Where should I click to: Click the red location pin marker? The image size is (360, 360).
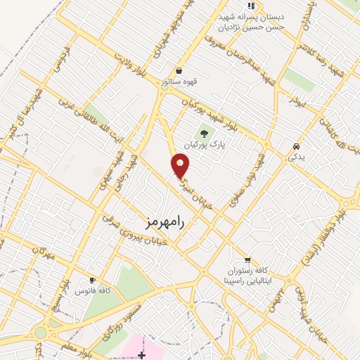coord(181,165)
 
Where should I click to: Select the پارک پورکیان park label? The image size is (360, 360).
coord(203,144)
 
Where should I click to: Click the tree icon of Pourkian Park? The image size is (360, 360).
coord(205,132)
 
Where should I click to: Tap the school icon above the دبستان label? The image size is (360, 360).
coord(250,6)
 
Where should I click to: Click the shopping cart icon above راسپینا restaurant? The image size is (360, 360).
coord(247,259)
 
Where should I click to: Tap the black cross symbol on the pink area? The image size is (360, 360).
coord(142,354)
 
